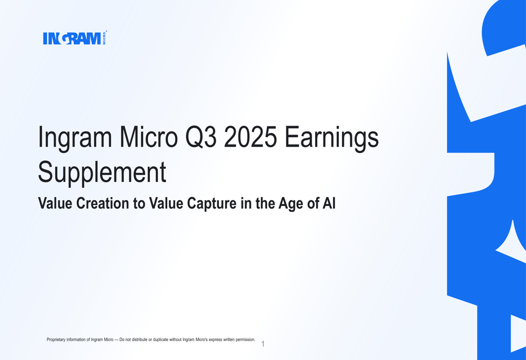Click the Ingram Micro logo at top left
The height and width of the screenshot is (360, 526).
[x=72, y=38]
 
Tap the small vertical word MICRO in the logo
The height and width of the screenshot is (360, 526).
[x=104, y=38]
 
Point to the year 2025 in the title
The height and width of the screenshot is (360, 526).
[x=250, y=138]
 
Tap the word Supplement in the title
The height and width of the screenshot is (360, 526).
[x=102, y=172]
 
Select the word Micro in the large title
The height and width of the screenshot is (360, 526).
[x=149, y=138]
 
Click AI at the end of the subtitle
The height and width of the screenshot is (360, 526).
[x=329, y=203]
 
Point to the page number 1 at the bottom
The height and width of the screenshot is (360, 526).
[x=263, y=344]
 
